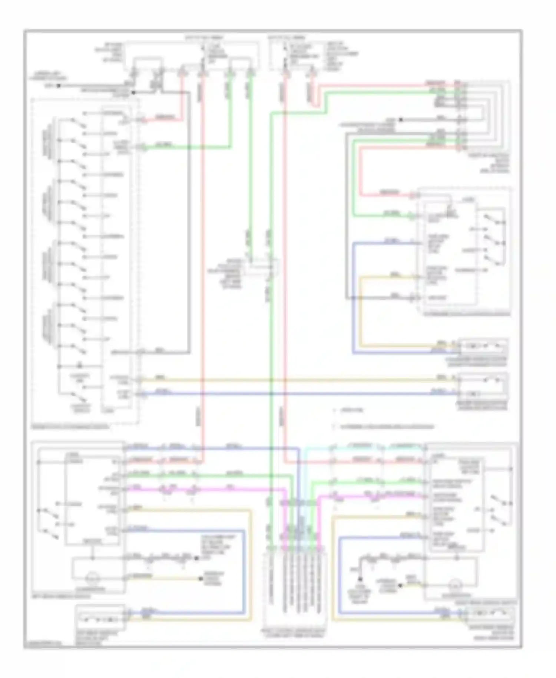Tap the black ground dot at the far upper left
tap(58, 86)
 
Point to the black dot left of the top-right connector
tap(401, 120)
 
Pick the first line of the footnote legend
tap(348, 410)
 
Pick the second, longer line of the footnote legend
tap(385, 427)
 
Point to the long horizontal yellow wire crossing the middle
tap(297, 380)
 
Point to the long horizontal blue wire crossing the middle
tap(297, 394)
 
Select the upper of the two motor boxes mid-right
tap(484, 347)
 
